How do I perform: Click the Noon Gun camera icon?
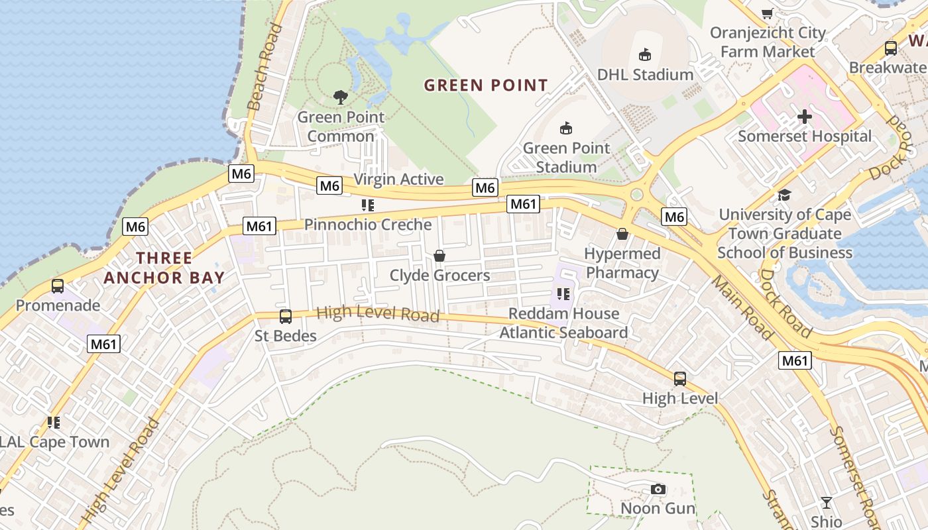(x=658, y=489)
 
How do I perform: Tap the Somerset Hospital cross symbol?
(x=804, y=117)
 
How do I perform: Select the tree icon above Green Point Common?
(x=341, y=97)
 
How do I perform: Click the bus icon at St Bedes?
(x=286, y=317)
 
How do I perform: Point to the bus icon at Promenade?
(x=58, y=286)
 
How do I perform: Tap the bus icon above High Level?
(x=680, y=379)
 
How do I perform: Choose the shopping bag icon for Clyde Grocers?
(x=439, y=256)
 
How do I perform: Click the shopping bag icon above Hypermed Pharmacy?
(x=622, y=234)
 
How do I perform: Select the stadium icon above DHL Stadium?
(x=644, y=55)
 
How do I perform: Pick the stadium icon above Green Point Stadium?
(x=565, y=129)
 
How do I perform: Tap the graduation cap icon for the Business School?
(x=784, y=195)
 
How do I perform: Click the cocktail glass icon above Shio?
(x=826, y=502)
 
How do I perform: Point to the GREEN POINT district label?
(x=486, y=85)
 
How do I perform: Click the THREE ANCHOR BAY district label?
(x=164, y=268)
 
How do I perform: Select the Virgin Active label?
(x=398, y=180)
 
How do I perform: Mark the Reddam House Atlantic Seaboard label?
(x=563, y=323)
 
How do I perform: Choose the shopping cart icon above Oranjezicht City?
(x=768, y=13)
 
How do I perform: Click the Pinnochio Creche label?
(x=368, y=225)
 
